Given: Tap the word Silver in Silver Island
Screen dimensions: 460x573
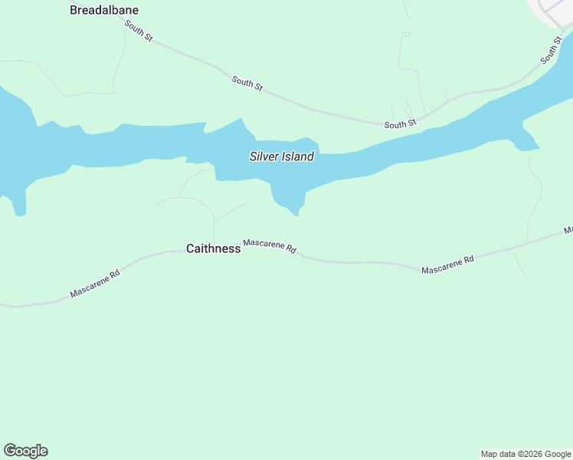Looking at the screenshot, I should (265, 156).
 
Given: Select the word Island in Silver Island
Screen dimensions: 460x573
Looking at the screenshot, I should (298, 156).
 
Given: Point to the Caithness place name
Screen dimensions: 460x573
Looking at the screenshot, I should (213, 248).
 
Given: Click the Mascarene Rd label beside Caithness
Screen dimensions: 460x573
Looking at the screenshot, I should (269, 246).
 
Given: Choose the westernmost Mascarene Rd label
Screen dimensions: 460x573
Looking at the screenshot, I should (95, 283).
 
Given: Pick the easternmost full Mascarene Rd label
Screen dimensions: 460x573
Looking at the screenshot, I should (447, 264).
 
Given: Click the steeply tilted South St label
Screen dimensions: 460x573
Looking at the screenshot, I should (551, 49).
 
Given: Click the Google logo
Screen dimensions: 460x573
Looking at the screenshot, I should (25, 451).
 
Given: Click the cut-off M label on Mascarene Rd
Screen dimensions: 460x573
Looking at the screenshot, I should (568, 229).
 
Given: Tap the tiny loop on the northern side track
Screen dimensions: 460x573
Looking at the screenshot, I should (406, 34).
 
